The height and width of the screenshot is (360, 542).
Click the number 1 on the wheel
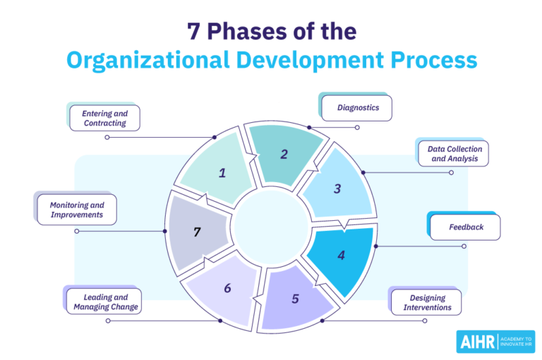[222, 172]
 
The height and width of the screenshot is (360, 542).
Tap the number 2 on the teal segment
[284, 154]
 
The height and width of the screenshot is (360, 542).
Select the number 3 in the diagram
[337, 188]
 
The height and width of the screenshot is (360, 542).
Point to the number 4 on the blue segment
[341, 255]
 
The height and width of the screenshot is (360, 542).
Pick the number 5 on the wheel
[295, 298]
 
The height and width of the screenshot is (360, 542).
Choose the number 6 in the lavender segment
[227, 288]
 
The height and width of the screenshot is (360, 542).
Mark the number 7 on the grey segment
[198, 232]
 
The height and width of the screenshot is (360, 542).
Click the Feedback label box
[466, 227]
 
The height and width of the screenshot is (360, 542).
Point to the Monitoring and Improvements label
[76, 210]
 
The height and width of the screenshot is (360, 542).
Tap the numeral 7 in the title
[193, 31]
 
